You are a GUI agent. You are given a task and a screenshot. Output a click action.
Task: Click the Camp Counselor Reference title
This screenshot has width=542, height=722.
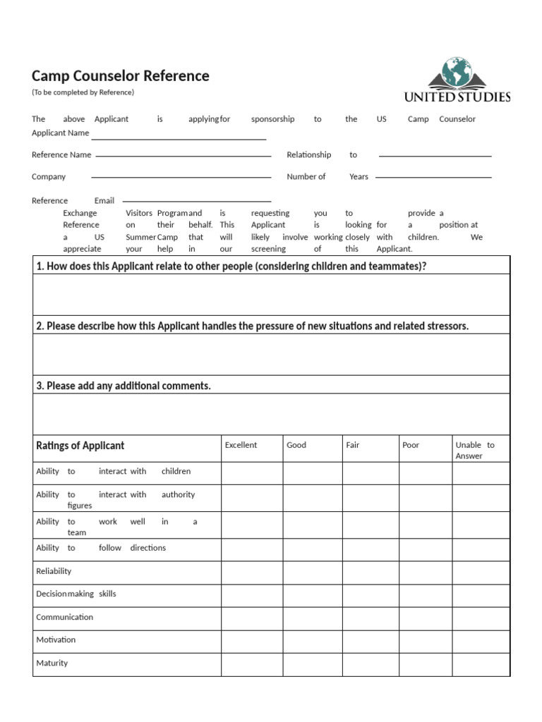click(x=120, y=76)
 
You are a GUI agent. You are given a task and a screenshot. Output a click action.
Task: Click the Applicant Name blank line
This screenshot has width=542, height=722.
click(x=178, y=138)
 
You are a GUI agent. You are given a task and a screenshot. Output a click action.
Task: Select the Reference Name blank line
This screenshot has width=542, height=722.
click(x=183, y=155)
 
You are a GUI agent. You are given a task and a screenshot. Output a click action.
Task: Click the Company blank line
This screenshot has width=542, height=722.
click(x=181, y=177)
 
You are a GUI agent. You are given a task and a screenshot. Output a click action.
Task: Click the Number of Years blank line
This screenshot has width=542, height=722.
click(x=433, y=177)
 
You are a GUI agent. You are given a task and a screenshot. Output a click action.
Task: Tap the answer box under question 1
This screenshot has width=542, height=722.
click(x=271, y=295)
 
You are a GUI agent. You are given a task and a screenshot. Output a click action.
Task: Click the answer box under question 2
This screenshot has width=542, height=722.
click(x=271, y=354)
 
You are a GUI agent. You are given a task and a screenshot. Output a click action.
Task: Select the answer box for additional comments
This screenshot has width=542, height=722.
click(x=271, y=414)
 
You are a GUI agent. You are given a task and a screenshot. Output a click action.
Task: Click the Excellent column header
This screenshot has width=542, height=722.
click(x=241, y=446)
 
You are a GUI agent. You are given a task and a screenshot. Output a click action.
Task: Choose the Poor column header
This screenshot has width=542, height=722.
click(x=411, y=446)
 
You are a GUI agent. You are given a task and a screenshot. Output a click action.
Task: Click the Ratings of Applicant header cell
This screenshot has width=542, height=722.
click(x=80, y=446)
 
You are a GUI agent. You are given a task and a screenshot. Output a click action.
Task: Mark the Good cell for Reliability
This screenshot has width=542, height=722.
click(x=313, y=572)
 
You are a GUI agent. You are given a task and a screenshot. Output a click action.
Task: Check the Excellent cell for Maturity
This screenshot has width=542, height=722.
click(x=252, y=664)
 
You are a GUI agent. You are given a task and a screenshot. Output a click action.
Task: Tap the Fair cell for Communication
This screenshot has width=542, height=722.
click(x=371, y=618)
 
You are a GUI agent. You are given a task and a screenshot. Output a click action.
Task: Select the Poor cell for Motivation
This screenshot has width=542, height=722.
click(x=426, y=641)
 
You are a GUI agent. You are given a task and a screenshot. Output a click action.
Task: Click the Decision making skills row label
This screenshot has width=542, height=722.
click(x=76, y=594)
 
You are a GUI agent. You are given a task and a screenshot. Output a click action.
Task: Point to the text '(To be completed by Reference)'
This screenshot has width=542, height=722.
click(x=83, y=92)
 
